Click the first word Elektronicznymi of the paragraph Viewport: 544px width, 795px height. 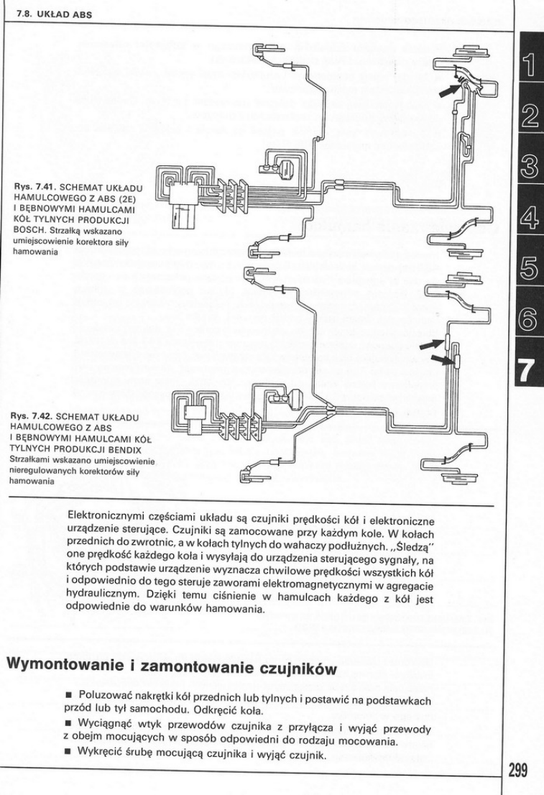click(x=109, y=516)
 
